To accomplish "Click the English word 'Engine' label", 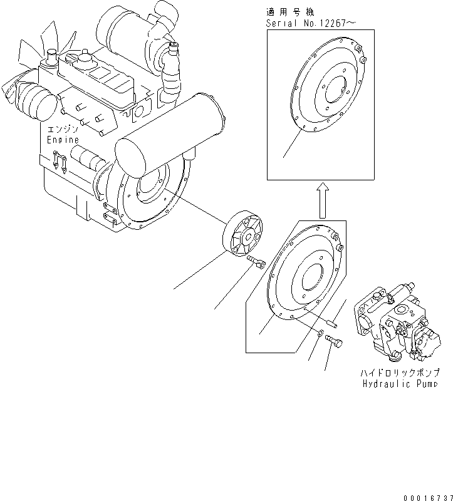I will pos(63,140).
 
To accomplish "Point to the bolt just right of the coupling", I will pos(256,261).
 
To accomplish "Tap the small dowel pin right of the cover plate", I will pos(333,324).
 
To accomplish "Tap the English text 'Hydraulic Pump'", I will pos(398,383).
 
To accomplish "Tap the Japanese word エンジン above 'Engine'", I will pos(62,129).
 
